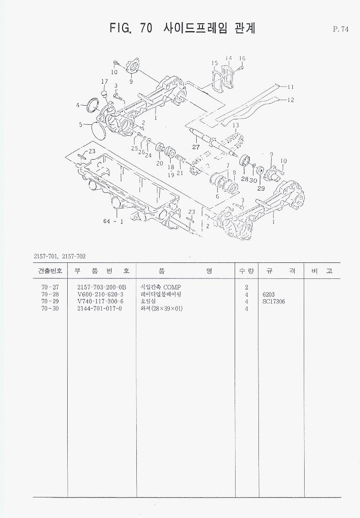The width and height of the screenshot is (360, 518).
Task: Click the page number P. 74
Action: click(x=341, y=30)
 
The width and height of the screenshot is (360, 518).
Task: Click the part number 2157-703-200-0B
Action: click(x=102, y=287)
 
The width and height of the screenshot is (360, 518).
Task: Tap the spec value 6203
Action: click(x=269, y=294)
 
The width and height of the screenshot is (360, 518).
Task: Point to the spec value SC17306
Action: click(x=274, y=302)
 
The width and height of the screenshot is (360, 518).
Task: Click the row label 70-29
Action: click(x=50, y=302)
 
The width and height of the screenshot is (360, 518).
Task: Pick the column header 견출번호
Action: click(x=50, y=271)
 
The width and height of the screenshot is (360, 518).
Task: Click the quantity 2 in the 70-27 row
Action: click(x=246, y=287)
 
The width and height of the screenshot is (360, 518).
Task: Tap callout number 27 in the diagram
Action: click(x=196, y=147)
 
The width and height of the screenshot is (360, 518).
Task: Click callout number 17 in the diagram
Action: click(x=104, y=82)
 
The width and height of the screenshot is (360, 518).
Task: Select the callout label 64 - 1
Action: click(x=113, y=222)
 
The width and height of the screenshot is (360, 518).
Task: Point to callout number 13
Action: click(x=236, y=125)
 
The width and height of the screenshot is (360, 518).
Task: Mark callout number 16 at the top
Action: click(x=242, y=59)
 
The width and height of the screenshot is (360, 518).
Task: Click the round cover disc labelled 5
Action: click(x=99, y=130)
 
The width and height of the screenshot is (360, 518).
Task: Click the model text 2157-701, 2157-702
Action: click(x=60, y=256)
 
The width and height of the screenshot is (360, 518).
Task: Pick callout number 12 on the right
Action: click(x=291, y=100)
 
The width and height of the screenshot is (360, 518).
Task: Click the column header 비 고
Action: click(x=322, y=271)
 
